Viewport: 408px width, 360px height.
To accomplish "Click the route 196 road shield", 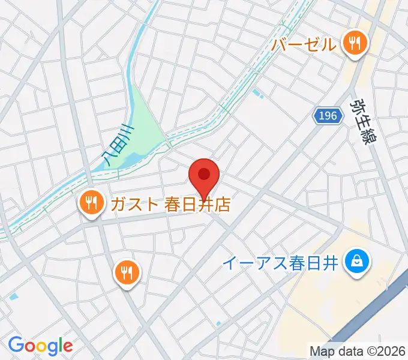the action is tap(328, 116).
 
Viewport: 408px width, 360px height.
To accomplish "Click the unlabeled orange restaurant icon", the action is tap(126, 273).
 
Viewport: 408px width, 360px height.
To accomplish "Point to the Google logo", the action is tap(40, 346).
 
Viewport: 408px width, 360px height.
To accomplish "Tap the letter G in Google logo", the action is tap(16, 345).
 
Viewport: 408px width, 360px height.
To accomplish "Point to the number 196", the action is tap(328, 116).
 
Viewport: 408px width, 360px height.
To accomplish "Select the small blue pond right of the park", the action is tap(258, 94).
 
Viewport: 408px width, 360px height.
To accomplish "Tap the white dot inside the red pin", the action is tap(204, 174).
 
